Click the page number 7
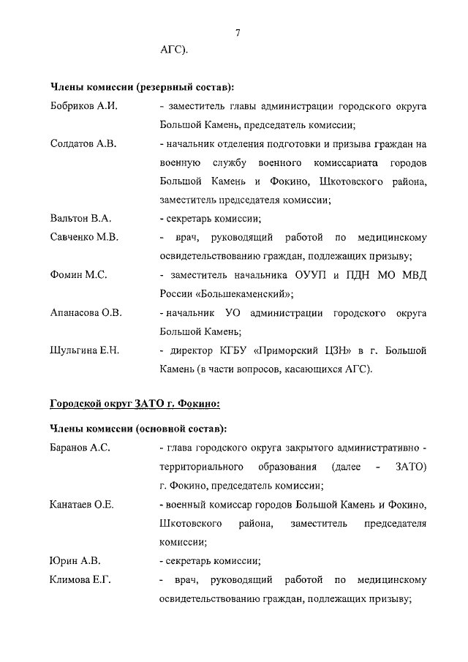pos(238,32)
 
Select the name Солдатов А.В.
pos(83,143)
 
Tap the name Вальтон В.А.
pos(79,218)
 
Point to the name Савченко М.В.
pos(84,237)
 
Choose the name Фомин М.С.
pos(78,275)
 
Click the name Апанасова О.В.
pos(86,313)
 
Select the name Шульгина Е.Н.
pos(85,350)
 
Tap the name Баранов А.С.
pos(80,448)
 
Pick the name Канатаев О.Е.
pos(83,504)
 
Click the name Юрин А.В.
pos(74,561)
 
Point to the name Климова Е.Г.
pos(80,580)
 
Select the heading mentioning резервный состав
pos(142,86)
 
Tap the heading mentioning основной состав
pos(137,428)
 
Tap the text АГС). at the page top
pos(173,50)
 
